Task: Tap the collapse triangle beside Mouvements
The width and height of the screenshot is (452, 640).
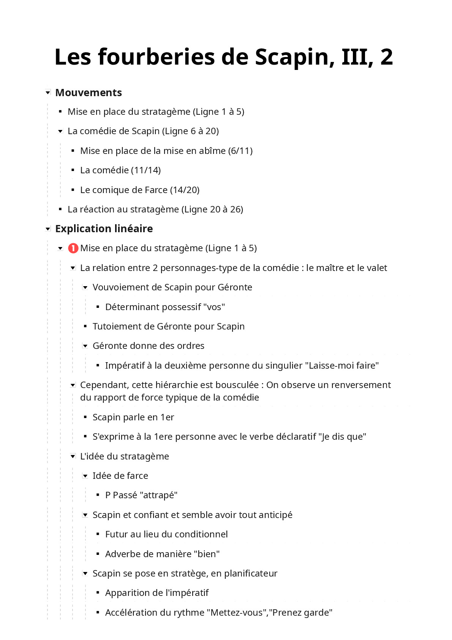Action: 48,92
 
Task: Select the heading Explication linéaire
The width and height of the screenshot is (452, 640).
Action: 104,229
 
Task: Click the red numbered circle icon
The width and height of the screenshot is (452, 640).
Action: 73,248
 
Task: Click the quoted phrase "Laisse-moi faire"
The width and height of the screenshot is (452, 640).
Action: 342,366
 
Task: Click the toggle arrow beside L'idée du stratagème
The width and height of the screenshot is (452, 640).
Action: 73,456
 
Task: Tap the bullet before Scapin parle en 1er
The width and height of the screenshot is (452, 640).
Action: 85,417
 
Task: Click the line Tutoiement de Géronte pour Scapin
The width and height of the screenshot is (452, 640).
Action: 168,326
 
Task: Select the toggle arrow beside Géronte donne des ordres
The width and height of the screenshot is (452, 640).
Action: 85,346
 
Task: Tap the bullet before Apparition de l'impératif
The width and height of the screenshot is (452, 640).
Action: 98,593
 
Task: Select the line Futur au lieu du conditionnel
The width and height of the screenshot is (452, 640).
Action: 166,534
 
